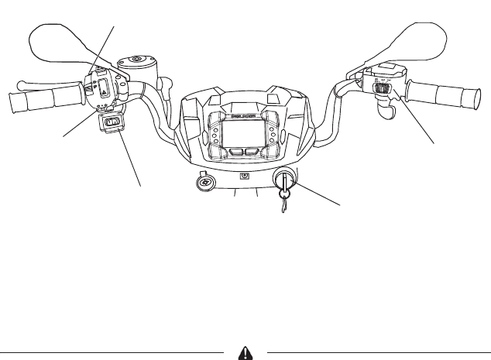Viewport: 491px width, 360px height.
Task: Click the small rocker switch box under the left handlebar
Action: (112, 122)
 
